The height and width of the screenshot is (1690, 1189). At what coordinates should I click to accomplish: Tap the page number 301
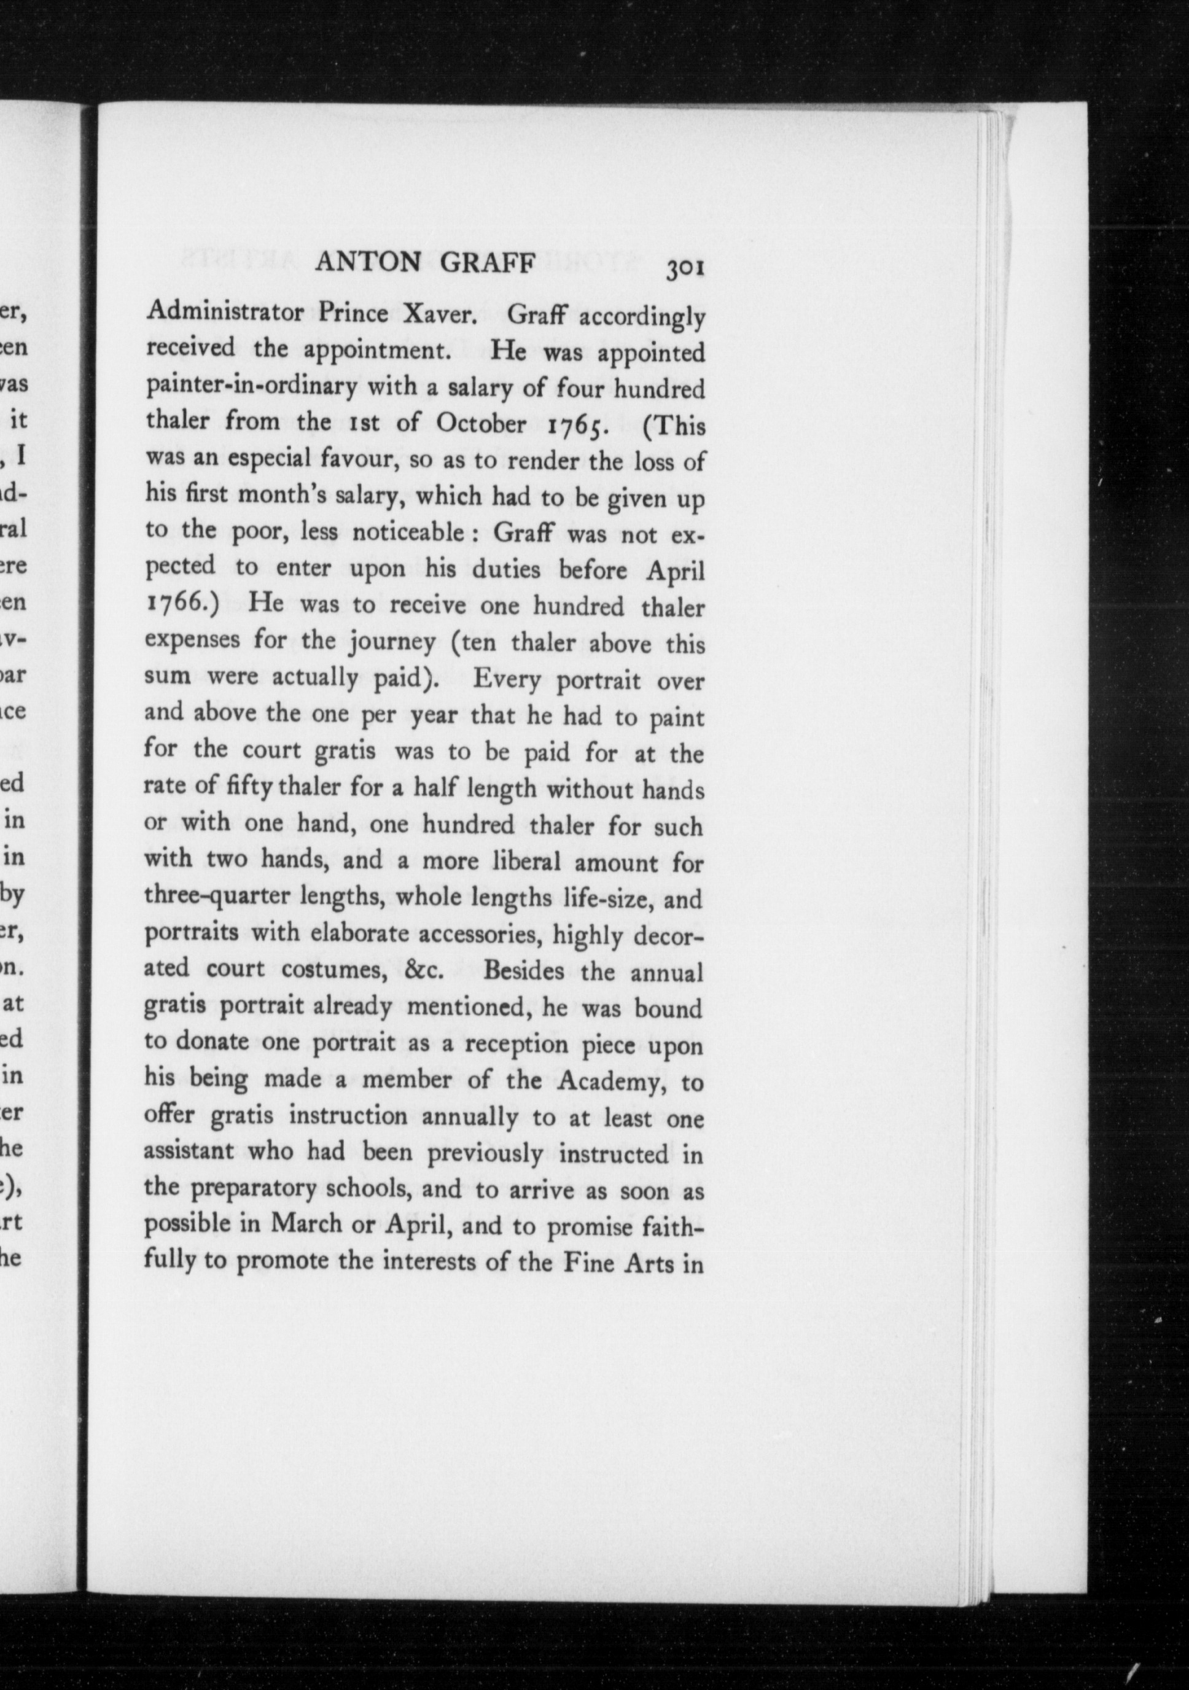(x=684, y=268)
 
